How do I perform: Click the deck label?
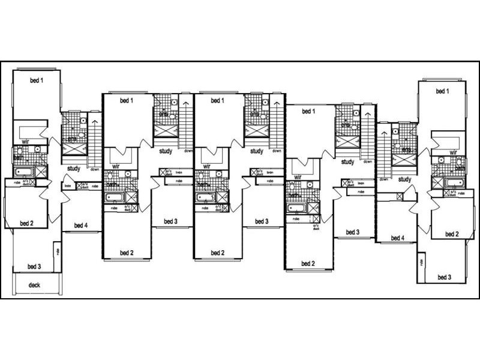(34, 285)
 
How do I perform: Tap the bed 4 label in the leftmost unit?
(81, 226)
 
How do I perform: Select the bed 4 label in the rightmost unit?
(397, 238)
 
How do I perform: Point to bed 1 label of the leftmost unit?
(37, 80)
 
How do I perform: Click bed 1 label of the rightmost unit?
(442, 91)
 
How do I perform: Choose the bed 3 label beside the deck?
(34, 266)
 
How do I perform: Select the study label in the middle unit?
(257, 151)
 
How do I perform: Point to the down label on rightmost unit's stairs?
(383, 179)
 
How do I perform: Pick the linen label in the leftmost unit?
(68, 186)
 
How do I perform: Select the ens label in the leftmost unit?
(73, 140)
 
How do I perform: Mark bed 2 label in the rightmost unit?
(452, 234)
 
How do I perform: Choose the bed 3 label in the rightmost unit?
(445, 277)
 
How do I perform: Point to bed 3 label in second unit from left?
(171, 222)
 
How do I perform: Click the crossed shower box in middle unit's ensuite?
(254, 128)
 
